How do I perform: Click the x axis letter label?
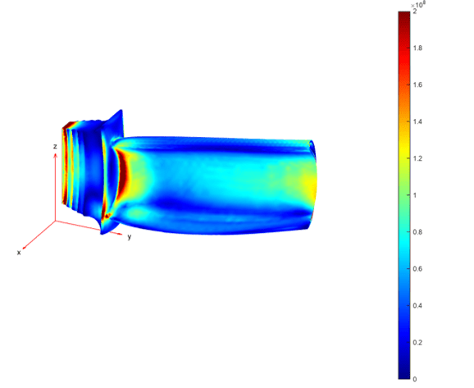pyautogui.click(x=18, y=253)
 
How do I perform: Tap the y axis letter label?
pyautogui.click(x=129, y=236)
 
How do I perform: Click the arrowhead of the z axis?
pyautogui.click(x=55, y=155)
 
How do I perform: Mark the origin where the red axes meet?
pyautogui.click(x=55, y=221)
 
